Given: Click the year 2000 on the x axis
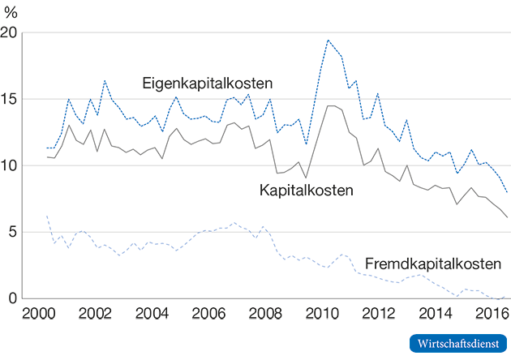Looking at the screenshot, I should [38, 315].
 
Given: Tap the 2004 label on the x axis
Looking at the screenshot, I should [152, 315].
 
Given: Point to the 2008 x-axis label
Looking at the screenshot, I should [265, 315].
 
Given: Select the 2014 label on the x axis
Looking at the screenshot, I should [436, 315].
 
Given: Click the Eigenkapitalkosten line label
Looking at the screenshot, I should [207, 83].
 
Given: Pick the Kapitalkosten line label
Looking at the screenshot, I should [307, 191].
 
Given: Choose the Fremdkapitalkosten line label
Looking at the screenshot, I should [432, 264].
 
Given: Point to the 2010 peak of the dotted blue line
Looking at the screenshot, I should [328, 40].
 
